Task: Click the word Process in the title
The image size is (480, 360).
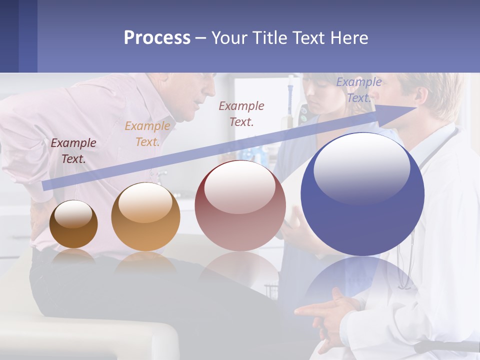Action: (157, 37)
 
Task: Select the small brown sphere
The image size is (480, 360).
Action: (73, 224)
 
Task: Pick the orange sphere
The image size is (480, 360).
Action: (145, 216)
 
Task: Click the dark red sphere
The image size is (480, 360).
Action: (240, 205)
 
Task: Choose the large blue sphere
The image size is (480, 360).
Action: (362, 194)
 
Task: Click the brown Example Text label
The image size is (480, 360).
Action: (73, 150)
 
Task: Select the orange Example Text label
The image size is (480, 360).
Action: (147, 133)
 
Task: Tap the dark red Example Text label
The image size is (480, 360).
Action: (241, 113)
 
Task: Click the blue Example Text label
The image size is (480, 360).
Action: (358, 90)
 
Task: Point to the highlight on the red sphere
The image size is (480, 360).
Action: (239, 186)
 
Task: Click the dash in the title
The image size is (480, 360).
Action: (200, 38)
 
